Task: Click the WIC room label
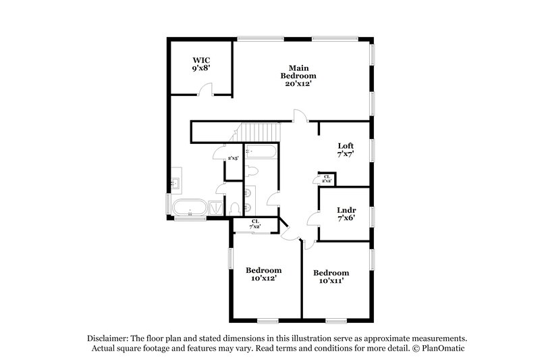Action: [x=201, y=64]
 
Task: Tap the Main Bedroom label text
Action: [x=298, y=72]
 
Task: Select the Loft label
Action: [x=346, y=150]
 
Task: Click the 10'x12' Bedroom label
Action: [x=263, y=274]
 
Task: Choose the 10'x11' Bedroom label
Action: [x=331, y=276]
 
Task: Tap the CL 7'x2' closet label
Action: [x=256, y=224]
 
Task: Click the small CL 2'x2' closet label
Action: [x=327, y=179]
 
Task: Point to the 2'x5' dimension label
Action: [x=233, y=157]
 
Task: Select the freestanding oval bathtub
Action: [x=190, y=207]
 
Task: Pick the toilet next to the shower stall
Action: [x=234, y=207]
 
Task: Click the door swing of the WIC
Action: [x=209, y=88]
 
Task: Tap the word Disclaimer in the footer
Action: [x=110, y=338]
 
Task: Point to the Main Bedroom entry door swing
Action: [x=300, y=116]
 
